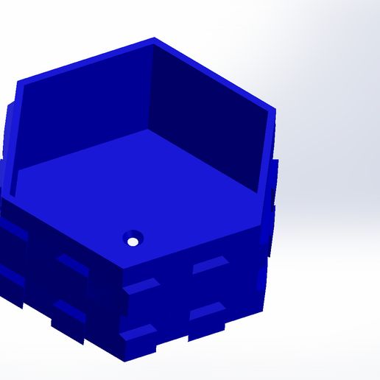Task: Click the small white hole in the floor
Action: coord(133,241)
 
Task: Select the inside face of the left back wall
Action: coord(88,110)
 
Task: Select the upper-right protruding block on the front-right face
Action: coord(210,266)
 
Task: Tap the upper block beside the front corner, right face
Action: coord(142,286)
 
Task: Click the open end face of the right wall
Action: coord(269,158)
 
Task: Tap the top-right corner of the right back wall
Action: coord(274,112)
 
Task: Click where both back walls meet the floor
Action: coord(149,131)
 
